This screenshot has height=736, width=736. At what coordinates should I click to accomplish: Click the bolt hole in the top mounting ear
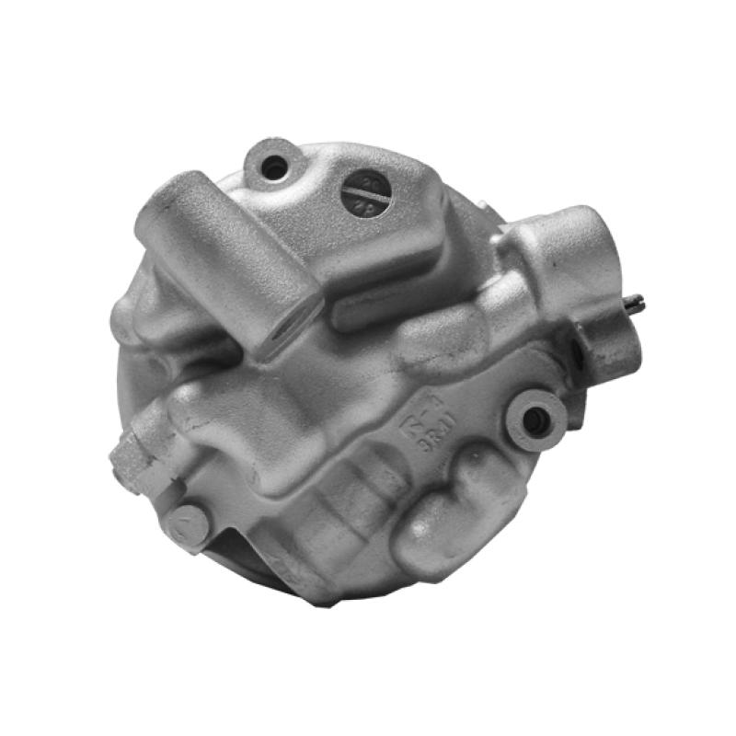coord(274,167)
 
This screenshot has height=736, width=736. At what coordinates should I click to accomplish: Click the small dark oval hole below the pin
coord(577,349)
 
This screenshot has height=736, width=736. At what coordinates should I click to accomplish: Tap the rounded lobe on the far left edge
coord(129,313)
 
